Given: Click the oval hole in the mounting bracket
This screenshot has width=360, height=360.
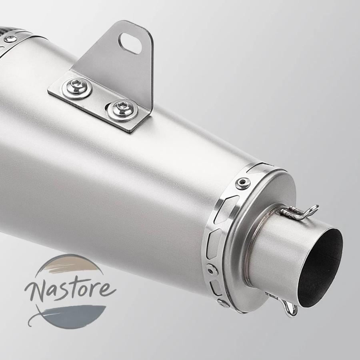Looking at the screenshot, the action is click(x=130, y=43).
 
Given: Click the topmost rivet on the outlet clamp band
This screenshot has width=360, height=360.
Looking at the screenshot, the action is click(x=243, y=183).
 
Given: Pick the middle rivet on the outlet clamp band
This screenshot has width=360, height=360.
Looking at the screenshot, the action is click(x=212, y=270).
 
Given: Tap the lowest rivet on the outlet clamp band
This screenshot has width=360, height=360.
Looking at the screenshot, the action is click(x=223, y=303).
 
